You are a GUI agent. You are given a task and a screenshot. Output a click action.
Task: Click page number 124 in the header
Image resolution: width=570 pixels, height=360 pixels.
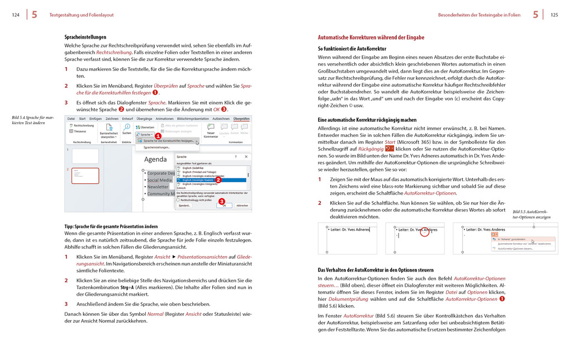pos(16,15)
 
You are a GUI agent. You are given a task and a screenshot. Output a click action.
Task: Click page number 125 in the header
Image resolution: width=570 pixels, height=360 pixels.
pos(554,15)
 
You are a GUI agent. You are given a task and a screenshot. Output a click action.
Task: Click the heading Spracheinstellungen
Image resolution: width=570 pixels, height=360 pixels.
pos(85,37)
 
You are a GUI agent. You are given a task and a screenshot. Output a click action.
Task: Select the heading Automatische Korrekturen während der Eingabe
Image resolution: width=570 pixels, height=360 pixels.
pos(370,37)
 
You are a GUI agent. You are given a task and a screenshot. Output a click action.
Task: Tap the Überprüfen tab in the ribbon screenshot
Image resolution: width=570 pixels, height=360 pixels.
pos(241,119)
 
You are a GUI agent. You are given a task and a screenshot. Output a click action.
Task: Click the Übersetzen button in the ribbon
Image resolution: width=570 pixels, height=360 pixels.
pos(147,127)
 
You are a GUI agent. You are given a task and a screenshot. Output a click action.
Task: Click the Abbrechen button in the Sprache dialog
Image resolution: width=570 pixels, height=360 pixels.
pos(242,205)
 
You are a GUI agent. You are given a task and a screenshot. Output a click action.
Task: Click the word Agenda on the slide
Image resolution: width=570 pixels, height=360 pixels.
pos(155,159)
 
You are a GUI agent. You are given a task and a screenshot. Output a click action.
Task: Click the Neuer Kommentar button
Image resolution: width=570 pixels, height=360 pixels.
pos(211,134)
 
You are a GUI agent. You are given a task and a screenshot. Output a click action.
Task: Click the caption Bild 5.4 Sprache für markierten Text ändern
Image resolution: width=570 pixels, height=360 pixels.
pos(33,120)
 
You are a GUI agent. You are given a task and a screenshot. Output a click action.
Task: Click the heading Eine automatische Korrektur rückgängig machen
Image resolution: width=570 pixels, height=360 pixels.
pos(367,120)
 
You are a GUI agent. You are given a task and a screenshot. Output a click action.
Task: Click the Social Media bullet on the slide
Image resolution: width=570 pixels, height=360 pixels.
pos(159,180)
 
